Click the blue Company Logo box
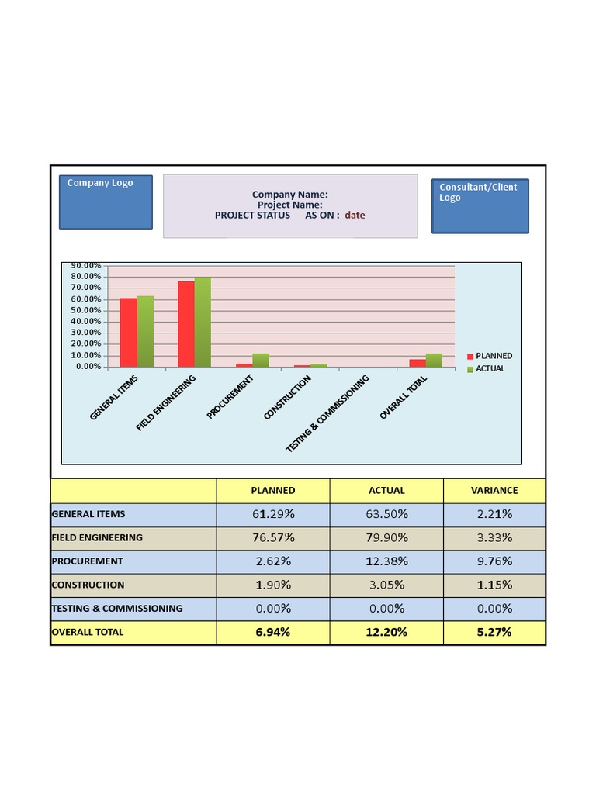106,202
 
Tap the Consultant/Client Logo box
480,205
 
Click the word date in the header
355,216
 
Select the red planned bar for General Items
128,332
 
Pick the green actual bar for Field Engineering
203,322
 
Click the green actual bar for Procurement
261,360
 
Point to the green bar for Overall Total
434,360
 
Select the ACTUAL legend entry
490,368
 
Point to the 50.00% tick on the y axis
87,310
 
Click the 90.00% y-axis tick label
87,265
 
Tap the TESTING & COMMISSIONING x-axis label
327,413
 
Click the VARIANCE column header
494,491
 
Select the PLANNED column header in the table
273,491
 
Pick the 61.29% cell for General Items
273,514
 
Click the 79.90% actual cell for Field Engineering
386,537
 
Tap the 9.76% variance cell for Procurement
494,561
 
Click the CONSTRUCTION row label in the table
88,585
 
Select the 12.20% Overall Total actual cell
386,632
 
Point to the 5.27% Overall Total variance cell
494,632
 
